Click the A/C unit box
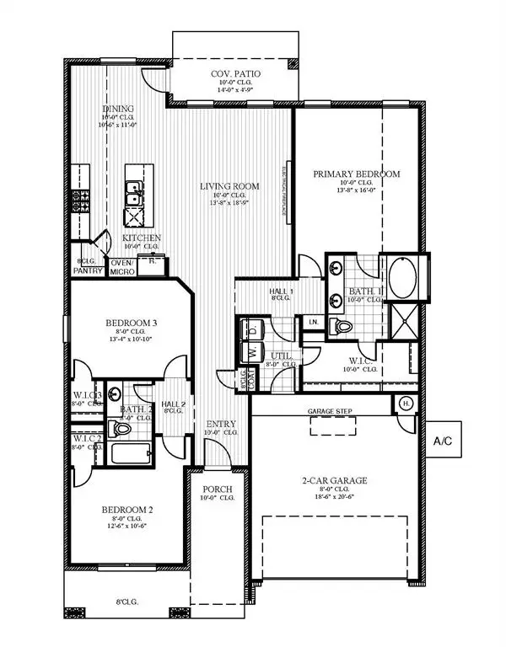[446, 440]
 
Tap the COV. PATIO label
[235, 75]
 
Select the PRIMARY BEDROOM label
[356, 174]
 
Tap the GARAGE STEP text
[331, 411]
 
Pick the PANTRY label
[88, 271]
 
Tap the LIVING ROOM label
[229, 186]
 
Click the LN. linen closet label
[312, 322]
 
